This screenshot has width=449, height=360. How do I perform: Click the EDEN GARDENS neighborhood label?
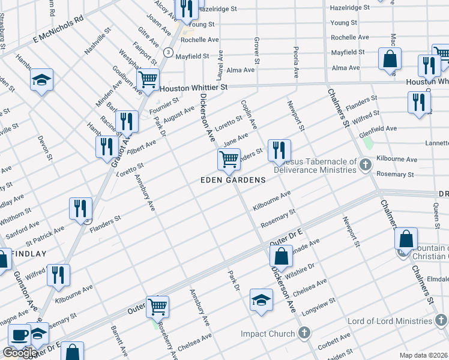tap(234, 180)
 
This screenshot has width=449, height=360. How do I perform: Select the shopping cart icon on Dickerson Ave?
tap(229, 159)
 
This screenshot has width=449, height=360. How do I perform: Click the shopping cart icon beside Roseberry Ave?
tap(157, 306)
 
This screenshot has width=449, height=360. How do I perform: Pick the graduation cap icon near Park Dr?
tap(261, 299)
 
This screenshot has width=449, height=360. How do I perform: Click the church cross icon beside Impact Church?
tap(304, 332)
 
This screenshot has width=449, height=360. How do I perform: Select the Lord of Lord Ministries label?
tap(394, 322)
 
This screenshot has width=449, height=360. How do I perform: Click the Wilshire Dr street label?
tap(303, 266)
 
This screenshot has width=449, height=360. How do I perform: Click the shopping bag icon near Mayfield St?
tap(390, 59)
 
